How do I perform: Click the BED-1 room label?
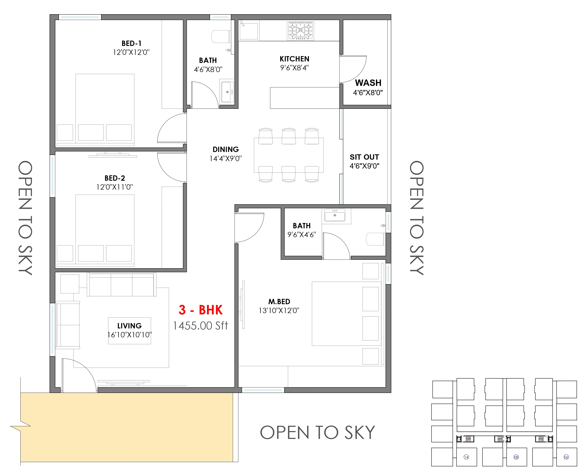131,43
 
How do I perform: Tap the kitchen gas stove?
300,31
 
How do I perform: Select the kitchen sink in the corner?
249,31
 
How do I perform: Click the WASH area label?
368,83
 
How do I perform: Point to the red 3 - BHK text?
201,310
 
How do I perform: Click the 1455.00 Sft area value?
201,325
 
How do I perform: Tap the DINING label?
226,149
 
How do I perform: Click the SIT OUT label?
364,157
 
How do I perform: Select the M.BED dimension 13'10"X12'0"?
279,311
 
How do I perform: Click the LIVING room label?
130,326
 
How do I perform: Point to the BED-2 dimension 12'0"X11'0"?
114,187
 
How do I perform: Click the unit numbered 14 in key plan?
467,457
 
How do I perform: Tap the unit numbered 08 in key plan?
516,457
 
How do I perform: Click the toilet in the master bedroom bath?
376,239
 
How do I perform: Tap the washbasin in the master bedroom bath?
335,215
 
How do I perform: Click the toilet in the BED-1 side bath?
221,37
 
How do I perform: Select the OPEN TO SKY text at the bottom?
317,433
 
